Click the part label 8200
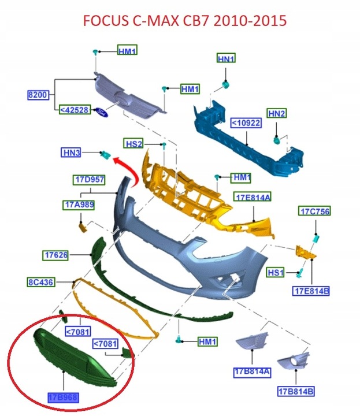[39, 94]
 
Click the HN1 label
[226, 59]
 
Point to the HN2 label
[276, 113]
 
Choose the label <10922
[246, 123]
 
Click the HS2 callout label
[134, 143]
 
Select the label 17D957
[89, 180]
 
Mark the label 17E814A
[252, 198]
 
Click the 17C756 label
[314, 211]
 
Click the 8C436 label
[40, 283]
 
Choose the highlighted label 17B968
[63, 398]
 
